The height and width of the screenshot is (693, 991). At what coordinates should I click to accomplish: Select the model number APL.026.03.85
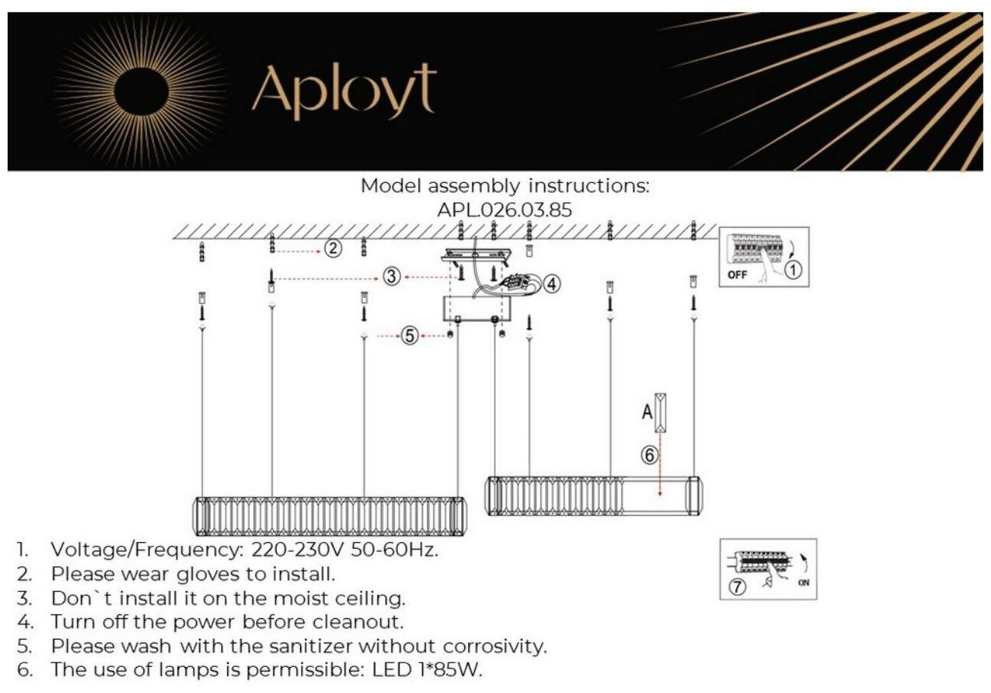click(x=504, y=210)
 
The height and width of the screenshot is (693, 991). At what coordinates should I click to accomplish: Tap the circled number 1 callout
click(x=793, y=269)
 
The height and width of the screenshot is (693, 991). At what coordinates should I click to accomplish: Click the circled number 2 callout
click(x=332, y=249)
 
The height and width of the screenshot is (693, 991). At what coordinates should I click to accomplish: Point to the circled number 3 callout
click(x=392, y=278)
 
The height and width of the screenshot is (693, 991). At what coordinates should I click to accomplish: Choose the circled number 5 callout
click(x=410, y=335)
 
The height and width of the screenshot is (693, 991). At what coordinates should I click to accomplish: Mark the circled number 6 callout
click(x=648, y=456)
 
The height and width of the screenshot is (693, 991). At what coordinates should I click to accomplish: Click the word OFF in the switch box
click(x=737, y=275)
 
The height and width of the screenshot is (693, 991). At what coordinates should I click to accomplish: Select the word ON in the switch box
click(x=803, y=585)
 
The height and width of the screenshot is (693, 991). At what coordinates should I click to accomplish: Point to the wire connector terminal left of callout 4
click(x=521, y=281)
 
